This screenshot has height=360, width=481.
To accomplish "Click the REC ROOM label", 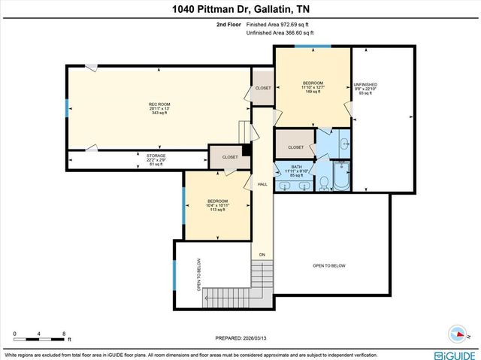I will (x=158, y=108).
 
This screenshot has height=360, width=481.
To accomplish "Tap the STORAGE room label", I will (x=135, y=159).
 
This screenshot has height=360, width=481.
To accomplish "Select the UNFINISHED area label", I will (x=365, y=89).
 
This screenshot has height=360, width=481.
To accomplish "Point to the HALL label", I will (x=262, y=184).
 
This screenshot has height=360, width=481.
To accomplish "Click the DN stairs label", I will (x=262, y=255).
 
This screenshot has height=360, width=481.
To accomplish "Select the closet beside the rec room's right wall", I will (x=262, y=88).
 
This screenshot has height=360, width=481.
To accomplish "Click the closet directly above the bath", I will (x=295, y=147).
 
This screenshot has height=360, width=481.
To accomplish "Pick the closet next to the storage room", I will (x=229, y=157).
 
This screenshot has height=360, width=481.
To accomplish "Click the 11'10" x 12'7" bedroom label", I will (x=313, y=87).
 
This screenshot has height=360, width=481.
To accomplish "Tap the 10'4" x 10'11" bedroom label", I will (x=218, y=205).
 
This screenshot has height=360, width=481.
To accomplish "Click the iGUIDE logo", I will (x=454, y=354).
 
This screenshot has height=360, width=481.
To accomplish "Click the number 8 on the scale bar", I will (x=65, y=333).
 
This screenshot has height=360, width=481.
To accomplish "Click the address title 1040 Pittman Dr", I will (x=240, y=9).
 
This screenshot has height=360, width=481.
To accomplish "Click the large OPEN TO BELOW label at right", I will (x=328, y=265).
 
